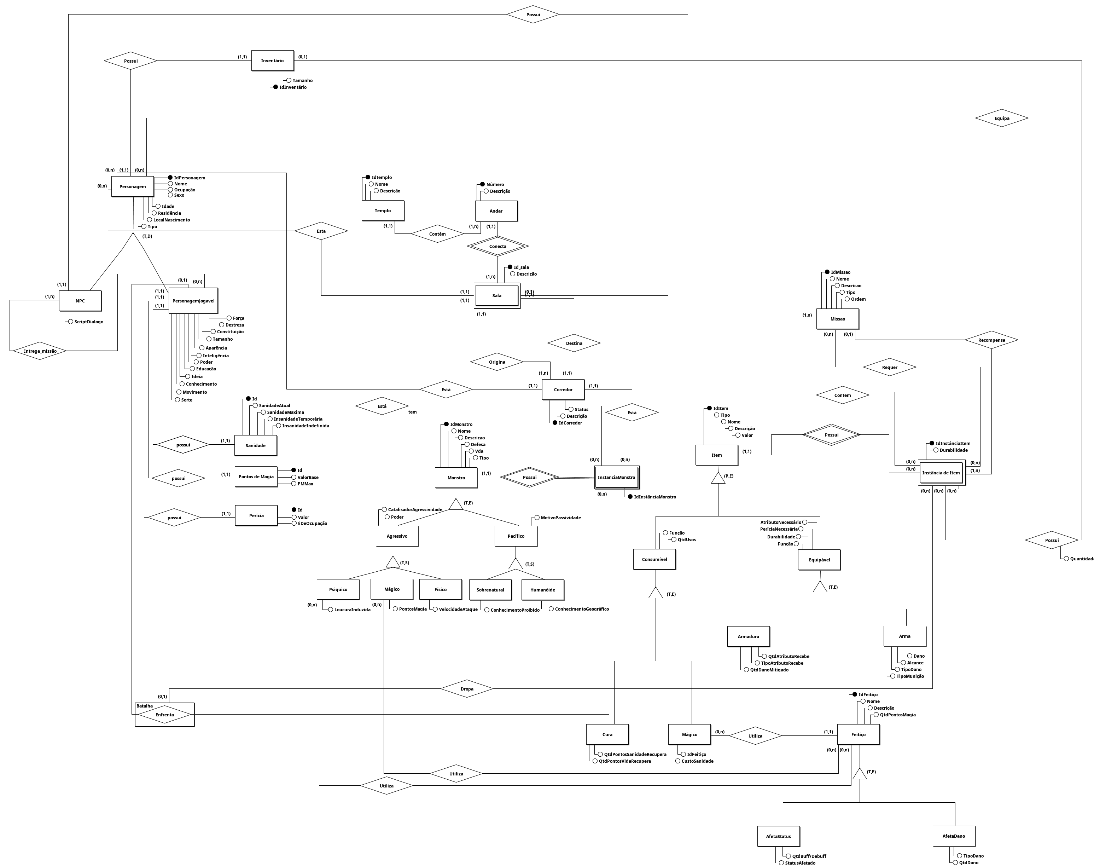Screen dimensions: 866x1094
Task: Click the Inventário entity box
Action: tap(272, 61)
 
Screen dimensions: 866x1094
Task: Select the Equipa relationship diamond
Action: tap(1001, 118)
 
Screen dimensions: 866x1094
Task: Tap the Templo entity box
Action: tap(383, 210)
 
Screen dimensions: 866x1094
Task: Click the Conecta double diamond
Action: tap(497, 247)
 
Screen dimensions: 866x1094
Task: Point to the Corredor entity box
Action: tap(563, 389)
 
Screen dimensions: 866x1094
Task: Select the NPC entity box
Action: tap(80, 301)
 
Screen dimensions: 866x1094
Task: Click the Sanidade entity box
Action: tap(255, 445)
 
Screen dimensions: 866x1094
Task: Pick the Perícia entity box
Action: tap(256, 516)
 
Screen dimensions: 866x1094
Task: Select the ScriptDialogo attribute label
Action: tap(89, 322)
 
